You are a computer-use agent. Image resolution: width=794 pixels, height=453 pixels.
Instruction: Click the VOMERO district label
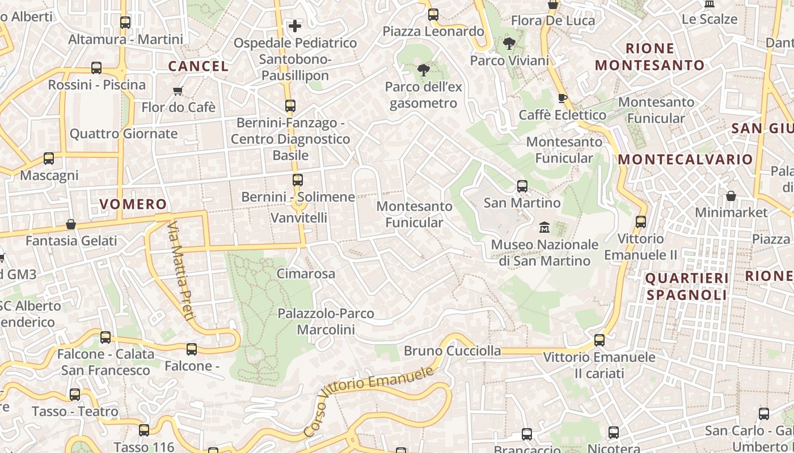pos(133,204)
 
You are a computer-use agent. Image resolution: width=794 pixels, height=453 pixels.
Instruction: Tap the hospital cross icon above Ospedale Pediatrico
pos(295,25)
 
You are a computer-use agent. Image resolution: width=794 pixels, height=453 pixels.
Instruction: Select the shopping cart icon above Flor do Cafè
pos(178,91)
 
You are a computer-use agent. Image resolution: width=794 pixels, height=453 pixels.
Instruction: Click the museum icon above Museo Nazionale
pos(544,227)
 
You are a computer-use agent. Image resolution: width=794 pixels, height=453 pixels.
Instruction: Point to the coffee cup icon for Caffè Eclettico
pos(562,98)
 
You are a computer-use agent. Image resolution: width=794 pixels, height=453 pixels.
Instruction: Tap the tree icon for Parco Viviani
pos(509,43)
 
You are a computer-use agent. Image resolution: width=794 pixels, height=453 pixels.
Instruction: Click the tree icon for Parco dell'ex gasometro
pos(423,70)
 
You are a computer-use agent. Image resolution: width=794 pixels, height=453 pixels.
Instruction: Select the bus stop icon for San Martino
pos(522,186)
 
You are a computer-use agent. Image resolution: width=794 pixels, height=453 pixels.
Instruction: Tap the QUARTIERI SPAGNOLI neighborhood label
pos(687,287)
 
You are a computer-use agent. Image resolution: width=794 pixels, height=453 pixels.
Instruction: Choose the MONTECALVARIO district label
pos(685,160)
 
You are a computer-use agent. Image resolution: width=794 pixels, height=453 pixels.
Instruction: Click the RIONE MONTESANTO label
pos(650,57)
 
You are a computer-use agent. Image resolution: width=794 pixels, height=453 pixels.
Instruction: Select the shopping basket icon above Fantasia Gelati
pos(71,224)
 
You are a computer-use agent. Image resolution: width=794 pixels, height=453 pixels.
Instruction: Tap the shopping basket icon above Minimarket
pos(731,196)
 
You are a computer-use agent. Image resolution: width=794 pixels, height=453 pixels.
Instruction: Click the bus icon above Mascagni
pos(49,159)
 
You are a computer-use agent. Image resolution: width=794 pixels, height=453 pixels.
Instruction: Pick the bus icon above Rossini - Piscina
pos(96,68)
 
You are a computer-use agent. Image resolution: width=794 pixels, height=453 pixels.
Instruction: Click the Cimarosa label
pos(306,274)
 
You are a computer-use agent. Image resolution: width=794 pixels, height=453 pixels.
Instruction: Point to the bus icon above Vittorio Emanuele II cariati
pos(599,340)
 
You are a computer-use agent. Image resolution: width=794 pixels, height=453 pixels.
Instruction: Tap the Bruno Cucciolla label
pos(452,351)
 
